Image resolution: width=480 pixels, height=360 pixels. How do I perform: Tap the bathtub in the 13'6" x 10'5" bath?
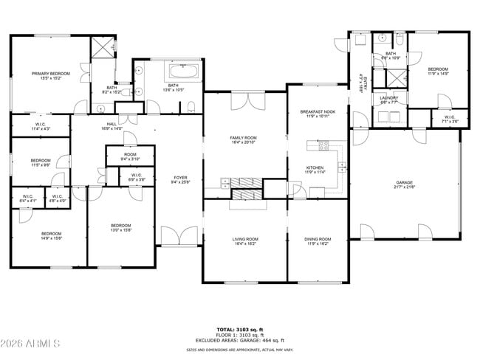click(183, 72)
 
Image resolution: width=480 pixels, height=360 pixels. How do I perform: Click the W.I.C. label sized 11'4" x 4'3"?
click(40, 126)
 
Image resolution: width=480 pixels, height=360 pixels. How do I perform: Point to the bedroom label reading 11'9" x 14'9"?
click(438, 72)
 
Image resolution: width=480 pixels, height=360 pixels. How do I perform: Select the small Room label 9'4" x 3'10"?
click(130, 156)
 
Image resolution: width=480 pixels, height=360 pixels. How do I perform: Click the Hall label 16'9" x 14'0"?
click(112, 126)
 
